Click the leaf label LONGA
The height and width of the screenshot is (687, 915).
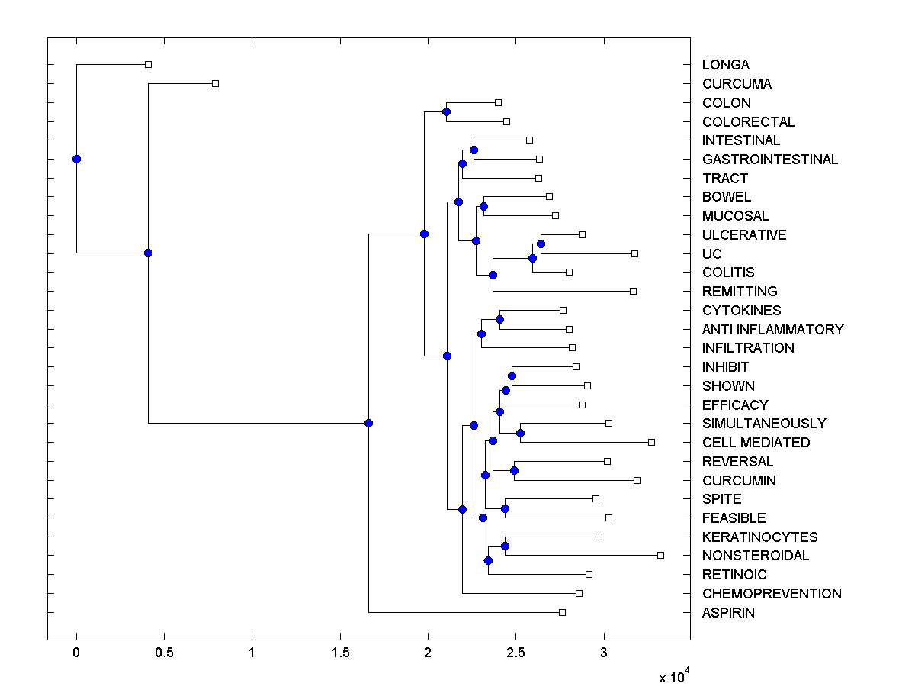tap(725, 65)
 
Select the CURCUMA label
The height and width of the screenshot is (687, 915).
tap(737, 84)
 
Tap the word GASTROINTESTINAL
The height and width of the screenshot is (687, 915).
tap(770, 160)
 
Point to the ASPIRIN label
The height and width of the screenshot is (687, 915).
tap(728, 612)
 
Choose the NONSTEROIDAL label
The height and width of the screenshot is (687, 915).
tap(756, 556)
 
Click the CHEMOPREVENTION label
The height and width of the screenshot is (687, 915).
tap(772, 594)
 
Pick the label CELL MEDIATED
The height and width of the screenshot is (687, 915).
tap(756, 443)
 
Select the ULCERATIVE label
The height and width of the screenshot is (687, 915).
tap(744, 235)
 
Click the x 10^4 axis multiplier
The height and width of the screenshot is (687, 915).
tap(674, 677)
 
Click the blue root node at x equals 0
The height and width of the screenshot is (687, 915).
tap(76, 159)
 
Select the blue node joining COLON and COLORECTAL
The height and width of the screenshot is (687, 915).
tap(446, 112)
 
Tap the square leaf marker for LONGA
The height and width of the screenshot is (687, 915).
tap(148, 64)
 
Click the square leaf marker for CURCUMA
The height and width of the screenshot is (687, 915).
tap(215, 83)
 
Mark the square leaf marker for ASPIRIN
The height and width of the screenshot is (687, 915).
tap(562, 612)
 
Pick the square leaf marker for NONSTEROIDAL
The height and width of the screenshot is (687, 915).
tap(660, 555)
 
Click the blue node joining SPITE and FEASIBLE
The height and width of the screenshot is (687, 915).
tap(505, 508)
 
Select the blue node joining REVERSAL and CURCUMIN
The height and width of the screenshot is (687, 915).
tap(515, 470)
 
